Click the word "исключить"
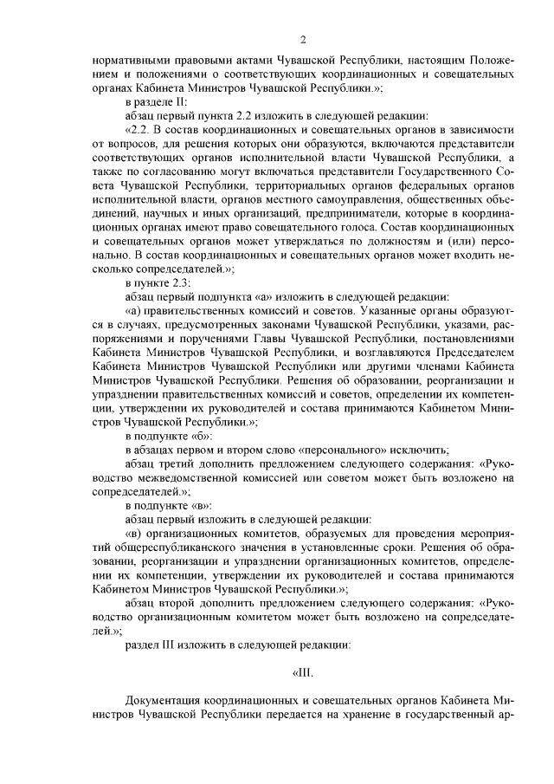point(421,450)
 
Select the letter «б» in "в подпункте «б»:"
point(195,437)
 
